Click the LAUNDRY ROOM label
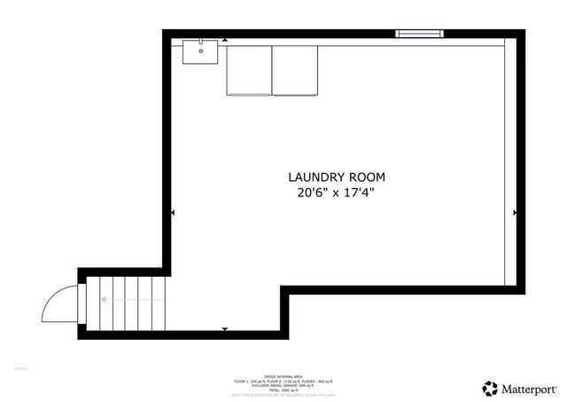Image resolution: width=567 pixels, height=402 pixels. click(336, 177)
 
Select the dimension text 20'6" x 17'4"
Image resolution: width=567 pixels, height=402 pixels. click(336, 193)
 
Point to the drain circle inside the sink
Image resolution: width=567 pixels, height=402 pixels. click(201, 51)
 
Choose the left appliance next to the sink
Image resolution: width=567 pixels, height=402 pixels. click(249, 70)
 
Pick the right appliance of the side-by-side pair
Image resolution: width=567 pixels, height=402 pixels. click(294, 70)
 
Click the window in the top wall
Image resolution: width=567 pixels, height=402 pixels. click(418, 34)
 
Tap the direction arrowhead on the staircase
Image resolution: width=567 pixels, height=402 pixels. click(103, 300)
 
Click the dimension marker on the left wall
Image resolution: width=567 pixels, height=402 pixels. click(172, 213)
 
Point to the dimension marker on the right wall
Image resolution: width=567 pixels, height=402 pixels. click(515, 213)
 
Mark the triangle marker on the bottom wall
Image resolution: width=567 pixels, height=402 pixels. click(224, 329)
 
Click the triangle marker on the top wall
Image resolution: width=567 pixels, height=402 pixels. click(224, 40)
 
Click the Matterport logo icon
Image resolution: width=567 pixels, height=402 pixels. click(490, 388)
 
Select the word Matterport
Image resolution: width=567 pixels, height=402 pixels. click(530, 388)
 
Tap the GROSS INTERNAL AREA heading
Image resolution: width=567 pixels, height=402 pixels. click(283, 375)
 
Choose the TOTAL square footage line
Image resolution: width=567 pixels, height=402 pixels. click(283, 390)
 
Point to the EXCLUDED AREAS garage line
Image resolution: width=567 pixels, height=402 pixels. click(283, 385)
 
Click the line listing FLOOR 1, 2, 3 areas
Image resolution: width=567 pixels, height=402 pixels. click(283, 381)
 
